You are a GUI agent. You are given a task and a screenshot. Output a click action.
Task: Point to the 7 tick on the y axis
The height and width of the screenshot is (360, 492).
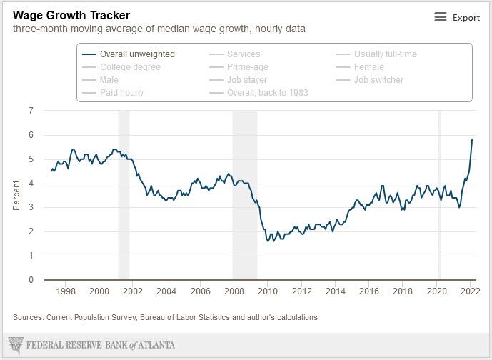pyautogui.click(x=31, y=111)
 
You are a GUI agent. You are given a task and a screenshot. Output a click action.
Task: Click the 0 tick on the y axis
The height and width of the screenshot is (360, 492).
pyautogui.click(x=31, y=280)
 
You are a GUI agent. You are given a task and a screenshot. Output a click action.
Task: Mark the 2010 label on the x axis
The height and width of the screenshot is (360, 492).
pyautogui.click(x=268, y=291)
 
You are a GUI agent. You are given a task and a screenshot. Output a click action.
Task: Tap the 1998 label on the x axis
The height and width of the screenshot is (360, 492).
pyautogui.click(x=66, y=291)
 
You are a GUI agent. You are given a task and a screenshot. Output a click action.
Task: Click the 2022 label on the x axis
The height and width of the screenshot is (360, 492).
pyautogui.click(x=470, y=291)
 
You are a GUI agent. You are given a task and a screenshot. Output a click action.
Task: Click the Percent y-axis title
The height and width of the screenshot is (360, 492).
pyautogui.click(x=16, y=195)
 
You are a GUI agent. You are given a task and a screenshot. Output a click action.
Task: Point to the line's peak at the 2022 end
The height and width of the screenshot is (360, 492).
pyautogui.click(x=472, y=140)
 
